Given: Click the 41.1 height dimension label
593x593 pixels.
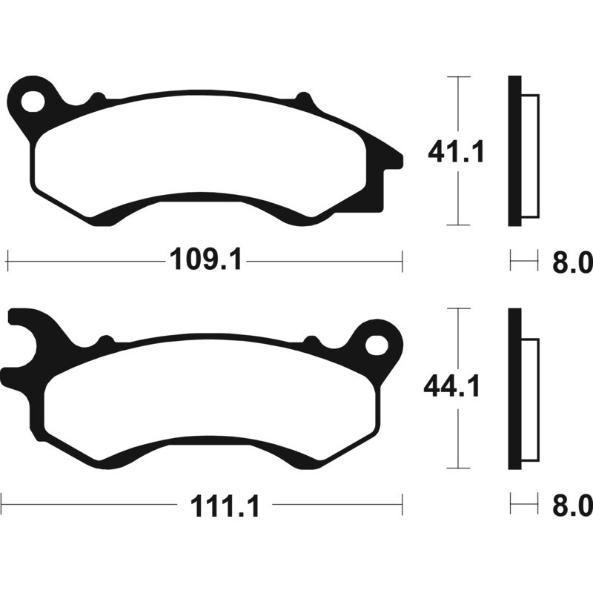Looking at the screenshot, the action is click(x=456, y=153).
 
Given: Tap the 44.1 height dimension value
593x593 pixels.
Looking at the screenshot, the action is click(x=451, y=386).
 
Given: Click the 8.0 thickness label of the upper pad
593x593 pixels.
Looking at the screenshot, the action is click(x=572, y=262).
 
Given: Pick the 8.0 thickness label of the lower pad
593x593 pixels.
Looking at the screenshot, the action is click(x=572, y=506).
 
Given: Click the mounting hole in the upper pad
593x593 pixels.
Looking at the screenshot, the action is click(x=33, y=102).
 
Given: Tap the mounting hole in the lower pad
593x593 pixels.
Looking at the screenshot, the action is click(x=377, y=345).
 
